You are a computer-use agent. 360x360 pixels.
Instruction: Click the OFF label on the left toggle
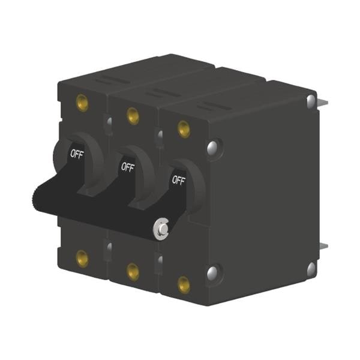(77, 154)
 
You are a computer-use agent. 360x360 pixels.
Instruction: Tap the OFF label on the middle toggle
(128, 167)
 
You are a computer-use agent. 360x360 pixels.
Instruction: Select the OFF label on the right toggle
(178, 180)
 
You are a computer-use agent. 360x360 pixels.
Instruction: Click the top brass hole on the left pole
(82, 103)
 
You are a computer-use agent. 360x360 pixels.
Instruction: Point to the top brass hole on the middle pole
(133, 116)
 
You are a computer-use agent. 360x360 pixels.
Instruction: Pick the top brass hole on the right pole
(184, 129)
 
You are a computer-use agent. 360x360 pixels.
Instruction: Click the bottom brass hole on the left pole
(82, 259)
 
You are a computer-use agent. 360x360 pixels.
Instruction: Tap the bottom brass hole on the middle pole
(133, 272)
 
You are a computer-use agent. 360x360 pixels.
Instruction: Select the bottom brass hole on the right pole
(184, 285)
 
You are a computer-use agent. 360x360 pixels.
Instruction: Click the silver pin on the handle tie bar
(161, 229)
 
